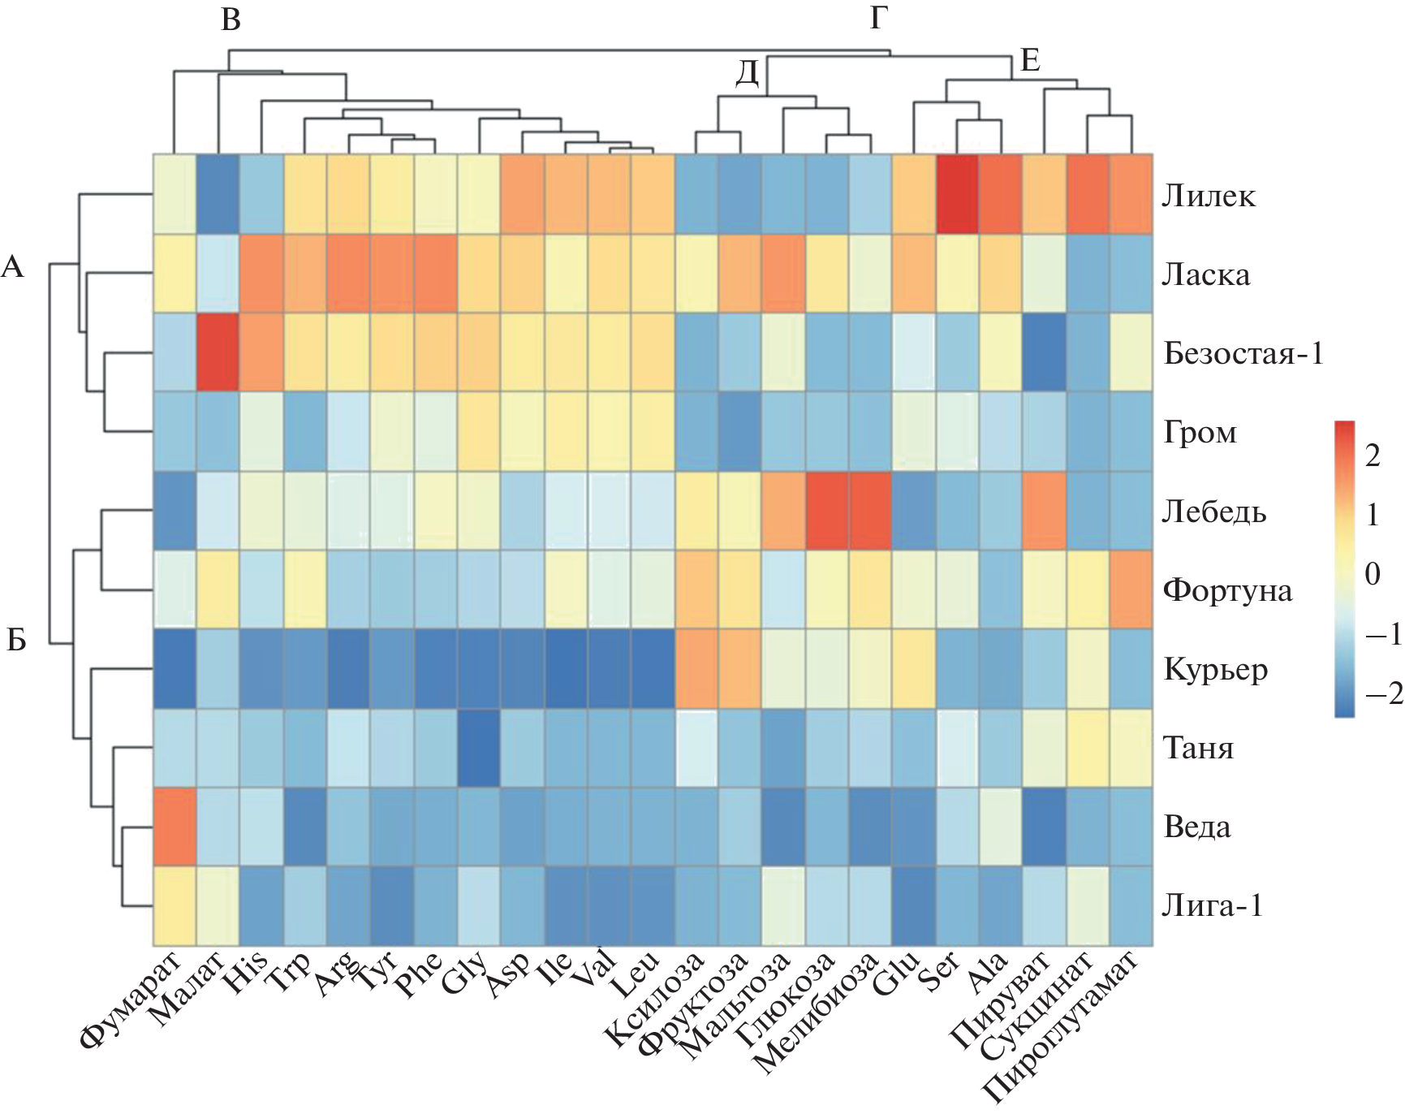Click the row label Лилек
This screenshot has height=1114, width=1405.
[x=1209, y=196]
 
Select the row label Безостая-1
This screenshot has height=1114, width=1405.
[x=1243, y=354]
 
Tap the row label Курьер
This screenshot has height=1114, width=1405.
[x=1215, y=670]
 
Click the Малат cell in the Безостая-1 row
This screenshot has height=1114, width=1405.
[x=218, y=353]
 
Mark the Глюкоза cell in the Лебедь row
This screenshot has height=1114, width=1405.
[x=827, y=511]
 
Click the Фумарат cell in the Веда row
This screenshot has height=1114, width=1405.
[x=174, y=827]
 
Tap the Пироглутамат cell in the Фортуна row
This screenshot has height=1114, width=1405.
[x=1131, y=589]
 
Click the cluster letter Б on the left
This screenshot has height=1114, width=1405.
[x=16, y=641]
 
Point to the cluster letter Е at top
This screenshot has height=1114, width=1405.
[x=1030, y=60]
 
